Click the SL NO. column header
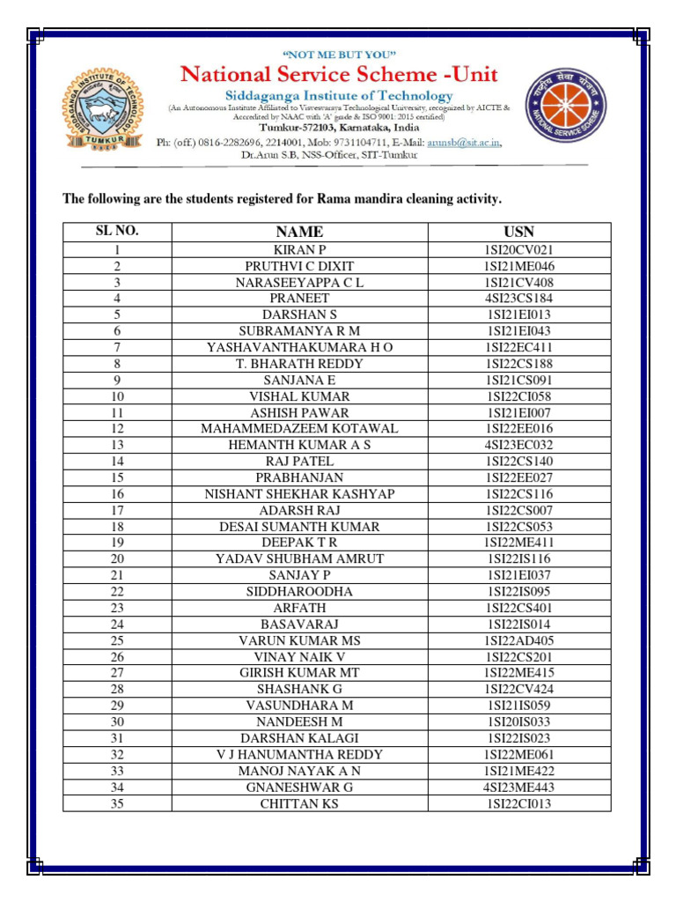117,231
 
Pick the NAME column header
299,232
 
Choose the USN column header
519,232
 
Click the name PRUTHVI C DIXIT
299,266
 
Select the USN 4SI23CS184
519,299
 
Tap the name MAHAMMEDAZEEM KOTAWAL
299,429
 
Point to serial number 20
117,558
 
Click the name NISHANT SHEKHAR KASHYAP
299,494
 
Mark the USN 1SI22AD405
519,640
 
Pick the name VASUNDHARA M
299,706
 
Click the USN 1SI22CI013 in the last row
519,803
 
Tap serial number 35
117,803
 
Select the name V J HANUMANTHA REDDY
299,755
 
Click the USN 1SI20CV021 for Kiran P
519,250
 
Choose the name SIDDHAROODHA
299,592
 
